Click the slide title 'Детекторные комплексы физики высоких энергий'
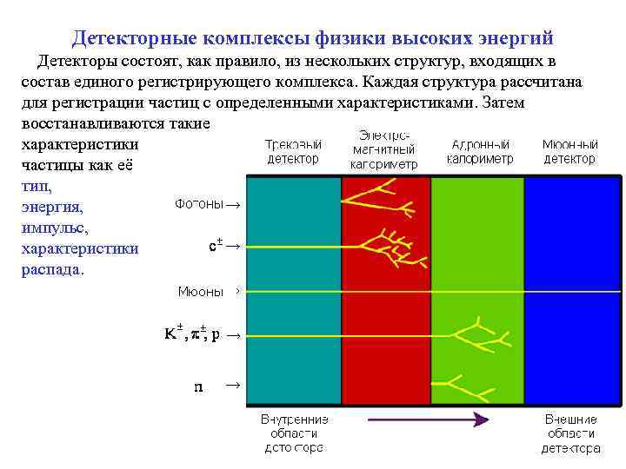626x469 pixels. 312,38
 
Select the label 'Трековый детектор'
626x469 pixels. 294,151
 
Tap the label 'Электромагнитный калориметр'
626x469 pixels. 383,149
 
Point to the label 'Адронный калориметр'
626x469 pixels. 480,151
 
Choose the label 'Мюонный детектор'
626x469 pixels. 569,151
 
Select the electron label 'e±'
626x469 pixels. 217,247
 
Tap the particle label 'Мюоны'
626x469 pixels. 201,291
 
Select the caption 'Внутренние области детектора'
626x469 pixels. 293,433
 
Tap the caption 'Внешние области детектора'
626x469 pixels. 570,433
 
